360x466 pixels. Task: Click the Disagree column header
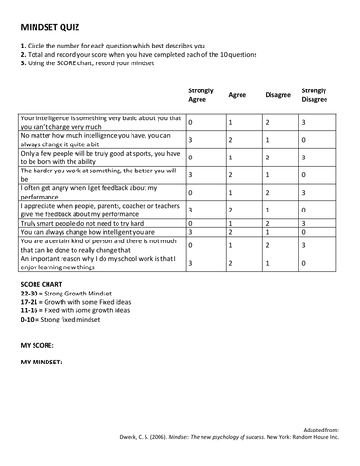point(277,94)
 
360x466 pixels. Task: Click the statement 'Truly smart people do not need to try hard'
point(90,224)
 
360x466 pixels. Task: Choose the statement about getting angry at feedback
point(98,191)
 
